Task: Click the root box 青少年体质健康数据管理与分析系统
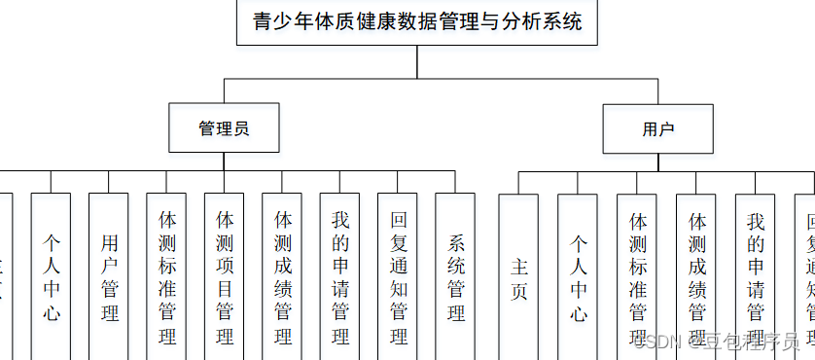pos(417,22)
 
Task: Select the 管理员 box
pos(224,127)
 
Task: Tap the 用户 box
pos(657,128)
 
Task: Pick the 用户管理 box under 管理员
pos(109,277)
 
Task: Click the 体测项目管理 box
pos(225,277)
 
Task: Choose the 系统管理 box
pos(455,277)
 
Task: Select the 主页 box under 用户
pos(518,277)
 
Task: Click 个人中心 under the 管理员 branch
pos(51,277)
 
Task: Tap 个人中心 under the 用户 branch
pos(578,277)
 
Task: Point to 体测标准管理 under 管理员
pos(166,277)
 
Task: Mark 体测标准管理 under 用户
pos(637,277)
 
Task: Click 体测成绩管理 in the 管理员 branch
pos(282,277)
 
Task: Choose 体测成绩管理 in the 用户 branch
pos(696,277)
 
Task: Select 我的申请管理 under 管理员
pos(339,277)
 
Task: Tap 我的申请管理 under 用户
pos(756,277)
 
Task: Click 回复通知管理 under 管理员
pos(398,277)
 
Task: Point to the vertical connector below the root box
pos(417,61)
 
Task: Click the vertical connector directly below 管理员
pos(224,162)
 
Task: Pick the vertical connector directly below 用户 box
pos(657,162)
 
